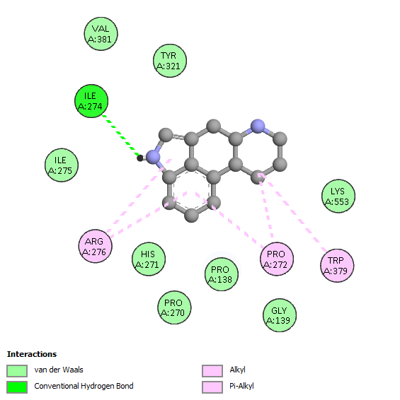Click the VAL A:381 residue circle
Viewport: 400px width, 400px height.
point(101,34)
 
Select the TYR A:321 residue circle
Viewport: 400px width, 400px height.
point(170,61)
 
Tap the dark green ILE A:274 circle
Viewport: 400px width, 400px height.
point(91,101)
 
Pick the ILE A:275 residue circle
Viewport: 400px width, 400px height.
point(62,165)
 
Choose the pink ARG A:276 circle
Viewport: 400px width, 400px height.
point(95,246)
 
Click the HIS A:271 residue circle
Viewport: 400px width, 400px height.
point(149,259)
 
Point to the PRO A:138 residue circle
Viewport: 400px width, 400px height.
point(222,274)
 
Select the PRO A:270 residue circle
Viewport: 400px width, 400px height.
point(174,307)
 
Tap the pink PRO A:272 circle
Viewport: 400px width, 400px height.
point(277,259)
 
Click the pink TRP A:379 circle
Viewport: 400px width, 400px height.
point(337,266)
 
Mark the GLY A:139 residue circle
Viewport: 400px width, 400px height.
point(280,315)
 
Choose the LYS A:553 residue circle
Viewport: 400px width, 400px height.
point(338,196)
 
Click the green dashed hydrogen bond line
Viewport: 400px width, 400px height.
point(121,136)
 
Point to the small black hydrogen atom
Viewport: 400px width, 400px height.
point(139,158)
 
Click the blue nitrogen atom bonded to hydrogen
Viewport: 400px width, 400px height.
point(153,157)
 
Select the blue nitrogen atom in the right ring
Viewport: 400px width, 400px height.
point(258,127)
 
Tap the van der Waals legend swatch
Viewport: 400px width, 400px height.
point(17,370)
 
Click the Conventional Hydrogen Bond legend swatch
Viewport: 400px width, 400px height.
point(17,387)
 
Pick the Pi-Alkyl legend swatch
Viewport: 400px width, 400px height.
point(212,387)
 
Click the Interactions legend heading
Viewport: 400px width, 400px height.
point(32,354)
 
